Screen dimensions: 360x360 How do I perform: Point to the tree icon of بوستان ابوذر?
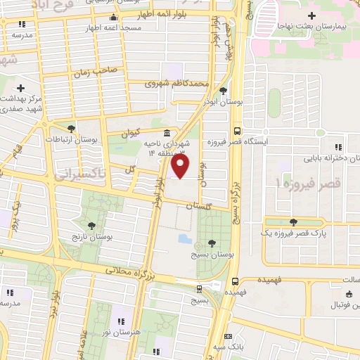tap(223, 90)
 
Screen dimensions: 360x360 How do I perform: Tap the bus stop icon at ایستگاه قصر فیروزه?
tap(238, 130)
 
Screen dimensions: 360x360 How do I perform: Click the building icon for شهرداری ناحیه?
tap(167, 133)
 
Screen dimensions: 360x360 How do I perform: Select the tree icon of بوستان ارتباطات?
tap(71, 127)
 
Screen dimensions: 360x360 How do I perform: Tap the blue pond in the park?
tap(185, 238)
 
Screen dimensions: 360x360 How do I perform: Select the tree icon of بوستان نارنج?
tap(88, 224)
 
